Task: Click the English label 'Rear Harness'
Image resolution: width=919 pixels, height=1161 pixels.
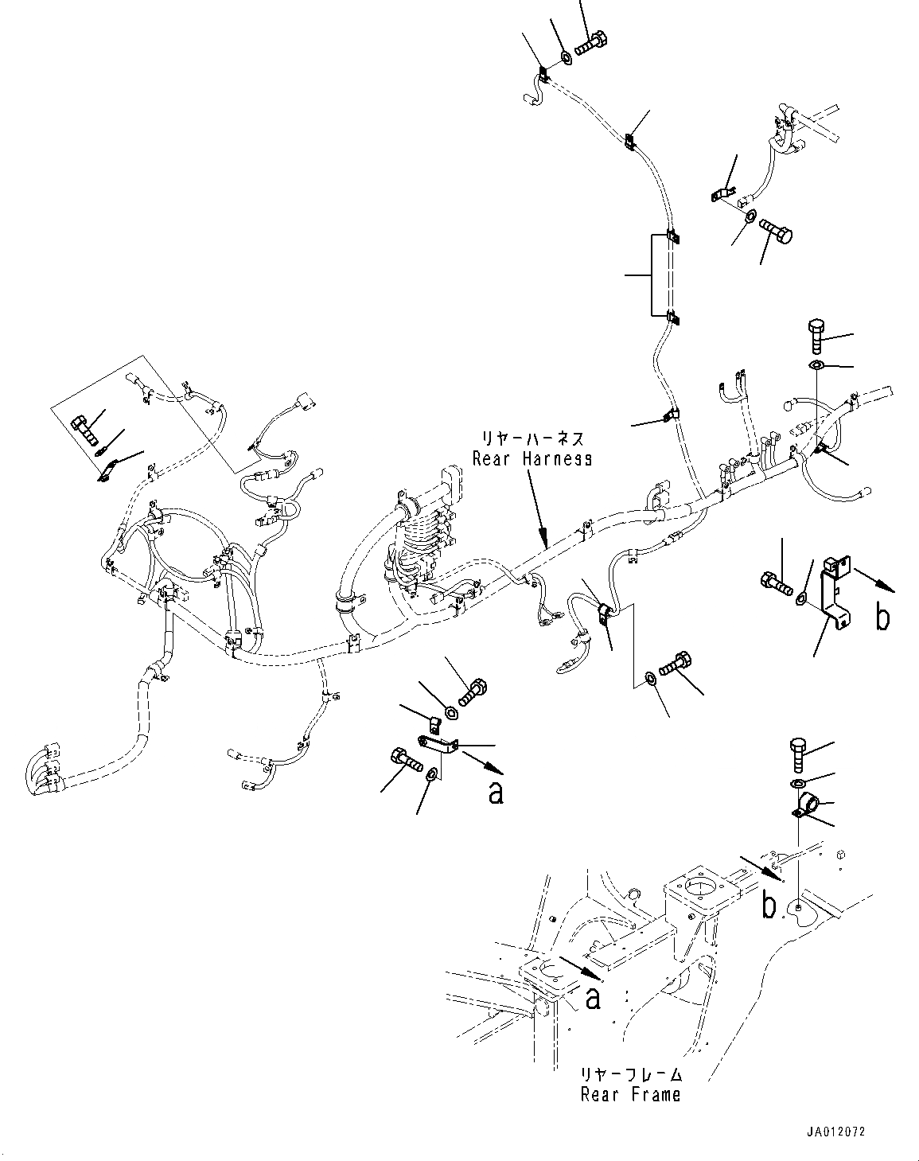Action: (532, 459)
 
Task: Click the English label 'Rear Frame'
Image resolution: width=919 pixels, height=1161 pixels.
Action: (630, 1095)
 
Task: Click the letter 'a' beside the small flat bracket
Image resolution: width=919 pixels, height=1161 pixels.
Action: (496, 793)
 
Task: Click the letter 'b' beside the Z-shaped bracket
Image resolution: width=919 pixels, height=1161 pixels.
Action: (882, 617)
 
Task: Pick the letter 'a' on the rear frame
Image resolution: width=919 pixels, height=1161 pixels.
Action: (593, 998)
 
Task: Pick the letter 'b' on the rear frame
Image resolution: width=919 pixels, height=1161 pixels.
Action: (769, 906)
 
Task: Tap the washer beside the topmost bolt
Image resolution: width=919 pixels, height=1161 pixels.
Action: (566, 56)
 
